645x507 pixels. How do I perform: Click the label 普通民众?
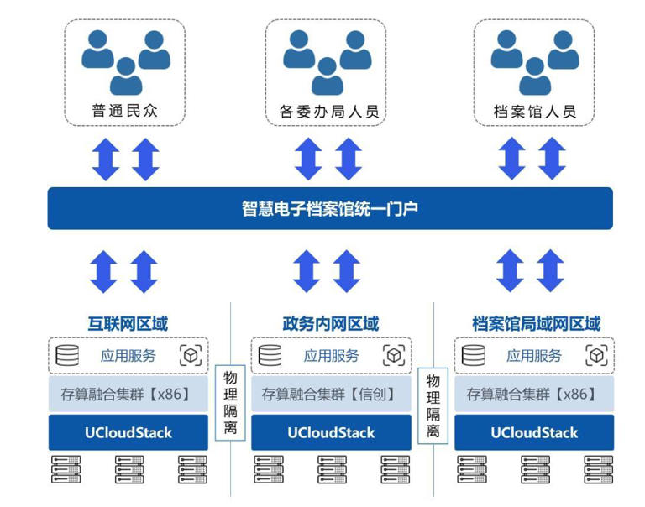[124, 111]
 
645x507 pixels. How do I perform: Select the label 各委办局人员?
[329, 112]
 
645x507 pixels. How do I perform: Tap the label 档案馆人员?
[535, 112]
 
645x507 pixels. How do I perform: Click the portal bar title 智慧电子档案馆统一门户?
[330, 208]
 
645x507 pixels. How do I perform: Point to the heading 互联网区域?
[128, 324]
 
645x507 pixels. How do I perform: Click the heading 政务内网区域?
[331, 324]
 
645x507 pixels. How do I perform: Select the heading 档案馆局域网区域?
[536, 324]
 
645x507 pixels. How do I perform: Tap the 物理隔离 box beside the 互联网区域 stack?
[230, 403]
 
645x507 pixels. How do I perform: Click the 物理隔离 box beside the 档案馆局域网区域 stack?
[433, 405]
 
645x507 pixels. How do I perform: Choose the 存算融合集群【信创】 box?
[331, 394]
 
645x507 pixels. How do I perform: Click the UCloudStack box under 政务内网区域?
[331, 432]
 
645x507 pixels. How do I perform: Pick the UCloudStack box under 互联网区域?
[128, 432]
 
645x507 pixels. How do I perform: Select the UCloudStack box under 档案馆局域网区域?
[534, 432]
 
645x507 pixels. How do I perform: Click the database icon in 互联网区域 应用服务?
[67, 355]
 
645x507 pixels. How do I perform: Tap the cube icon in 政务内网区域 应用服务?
[394, 355]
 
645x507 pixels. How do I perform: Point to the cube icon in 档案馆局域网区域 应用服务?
[596, 355]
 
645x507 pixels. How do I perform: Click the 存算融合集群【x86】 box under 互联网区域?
[128, 394]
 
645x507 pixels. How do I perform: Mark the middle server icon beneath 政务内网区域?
[332, 469]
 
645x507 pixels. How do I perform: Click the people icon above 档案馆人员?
[535, 62]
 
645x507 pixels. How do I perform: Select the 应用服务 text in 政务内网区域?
[332, 356]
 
